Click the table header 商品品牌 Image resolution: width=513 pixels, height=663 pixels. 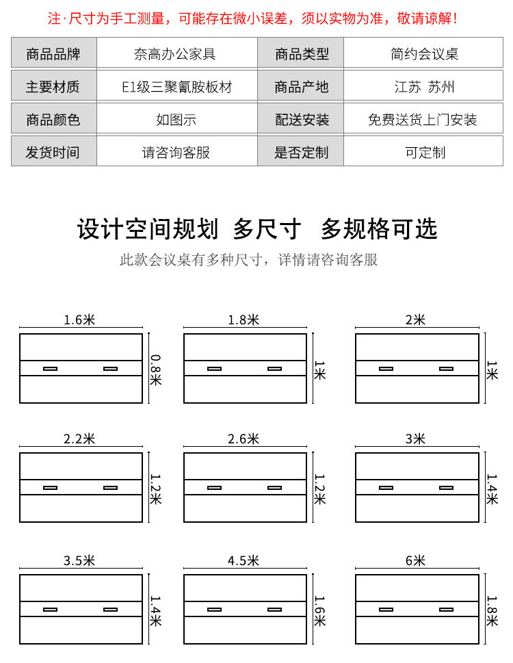(53, 53)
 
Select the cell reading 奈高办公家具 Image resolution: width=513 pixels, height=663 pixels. (175, 53)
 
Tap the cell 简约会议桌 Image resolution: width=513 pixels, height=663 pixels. (424, 53)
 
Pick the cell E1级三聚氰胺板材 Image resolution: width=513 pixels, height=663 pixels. (177, 87)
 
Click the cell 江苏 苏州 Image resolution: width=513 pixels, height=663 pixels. (424, 87)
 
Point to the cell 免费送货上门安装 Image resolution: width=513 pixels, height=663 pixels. (423, 120)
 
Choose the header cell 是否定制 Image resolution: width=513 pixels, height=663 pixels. (301, 152)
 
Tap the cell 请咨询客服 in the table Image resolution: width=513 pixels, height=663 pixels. (176, 152)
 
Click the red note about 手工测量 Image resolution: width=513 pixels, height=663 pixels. (252, 18)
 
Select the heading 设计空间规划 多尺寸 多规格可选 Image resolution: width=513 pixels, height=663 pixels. (257, 229)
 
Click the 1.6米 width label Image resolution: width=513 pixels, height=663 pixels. (79, 320)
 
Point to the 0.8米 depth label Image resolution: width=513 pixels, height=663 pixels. (155, 369)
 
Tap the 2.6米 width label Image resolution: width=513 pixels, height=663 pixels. (244, 439)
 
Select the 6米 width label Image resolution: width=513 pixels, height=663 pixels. (415, 560)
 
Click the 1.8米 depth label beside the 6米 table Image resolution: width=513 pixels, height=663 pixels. (492, 611)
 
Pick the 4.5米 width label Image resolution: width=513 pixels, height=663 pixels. (244, 560)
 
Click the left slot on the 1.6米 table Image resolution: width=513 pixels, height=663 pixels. (51, 369)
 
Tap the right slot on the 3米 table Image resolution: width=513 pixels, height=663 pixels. (446, 488)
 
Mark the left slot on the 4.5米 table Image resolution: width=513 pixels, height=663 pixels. (214, 610)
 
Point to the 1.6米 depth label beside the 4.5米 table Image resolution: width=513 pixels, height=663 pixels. (319, 611)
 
